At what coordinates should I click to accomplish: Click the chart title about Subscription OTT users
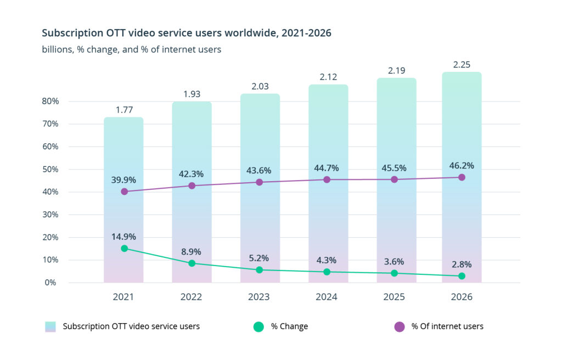pyautogui.click(x=187, y=33)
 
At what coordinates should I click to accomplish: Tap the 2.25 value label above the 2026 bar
pyautogui.click(x=462, y=65)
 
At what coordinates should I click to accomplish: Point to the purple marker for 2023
pyautogui.click(x=259, y=182)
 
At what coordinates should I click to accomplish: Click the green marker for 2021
pyautogui.click(x=124, y=249)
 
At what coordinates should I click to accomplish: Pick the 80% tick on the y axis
pyautogui.click(x=52, y=102)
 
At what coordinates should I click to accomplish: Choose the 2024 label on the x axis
pyautogui.click(x=327, y=297)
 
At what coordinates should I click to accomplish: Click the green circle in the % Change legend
pyautogui.click(x=258, y=327)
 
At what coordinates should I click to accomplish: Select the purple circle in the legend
pyautogui.click(x=400, y=327)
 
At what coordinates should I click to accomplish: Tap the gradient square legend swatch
pyautogui.click(x=51, y=327)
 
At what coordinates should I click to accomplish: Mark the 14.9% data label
pyautogui.click(x=124, y=237)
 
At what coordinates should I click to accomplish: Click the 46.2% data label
pyautogui.click(x=462, y=165)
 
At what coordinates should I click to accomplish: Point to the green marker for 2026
pyautogui.click(x=462, y=276)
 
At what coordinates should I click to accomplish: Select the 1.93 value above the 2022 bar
pyautogui.click(x=192, y=94)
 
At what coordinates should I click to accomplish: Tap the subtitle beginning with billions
pyautogui.click(x=132, y=49)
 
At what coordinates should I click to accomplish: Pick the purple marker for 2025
pyautogui.click(x=394, y=179)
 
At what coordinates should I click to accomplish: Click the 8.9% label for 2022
pyautogui.click(x=192, y=252)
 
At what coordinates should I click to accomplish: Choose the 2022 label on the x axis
pyautogui.click(x=192, y=297)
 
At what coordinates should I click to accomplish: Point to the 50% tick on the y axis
pyautogui.click(x=52, y=170)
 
